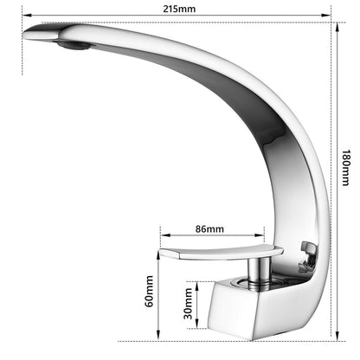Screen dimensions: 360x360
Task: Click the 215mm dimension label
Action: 179,9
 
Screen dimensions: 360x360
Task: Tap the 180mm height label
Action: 346,168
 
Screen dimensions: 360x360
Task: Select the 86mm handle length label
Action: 209,228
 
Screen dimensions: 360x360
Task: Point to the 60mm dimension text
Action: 149,292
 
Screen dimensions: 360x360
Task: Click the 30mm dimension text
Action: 188,304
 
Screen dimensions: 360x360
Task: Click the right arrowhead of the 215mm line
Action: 326,16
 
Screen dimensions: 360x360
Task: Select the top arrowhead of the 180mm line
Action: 337,28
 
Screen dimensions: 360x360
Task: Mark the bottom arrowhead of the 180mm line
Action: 337,336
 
